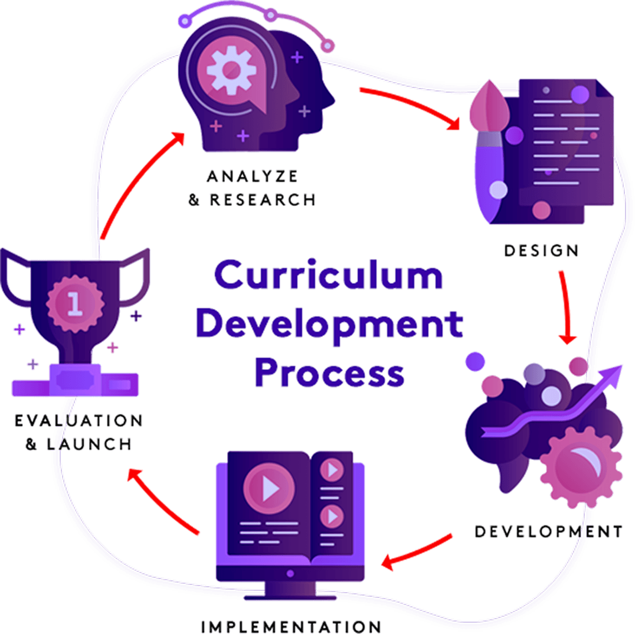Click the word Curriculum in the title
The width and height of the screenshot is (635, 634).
coord(328,276)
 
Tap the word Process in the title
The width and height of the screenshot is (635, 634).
coord(329,373)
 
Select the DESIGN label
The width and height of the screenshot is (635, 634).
coord(541,250)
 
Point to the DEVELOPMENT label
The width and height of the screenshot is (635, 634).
coord(549,532)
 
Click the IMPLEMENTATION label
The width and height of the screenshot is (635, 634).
coord(291,625)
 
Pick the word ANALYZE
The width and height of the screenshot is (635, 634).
coord(252,176)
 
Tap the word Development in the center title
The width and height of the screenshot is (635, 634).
coord(329,323)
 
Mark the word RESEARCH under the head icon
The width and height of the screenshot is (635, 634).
coord(263,200)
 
